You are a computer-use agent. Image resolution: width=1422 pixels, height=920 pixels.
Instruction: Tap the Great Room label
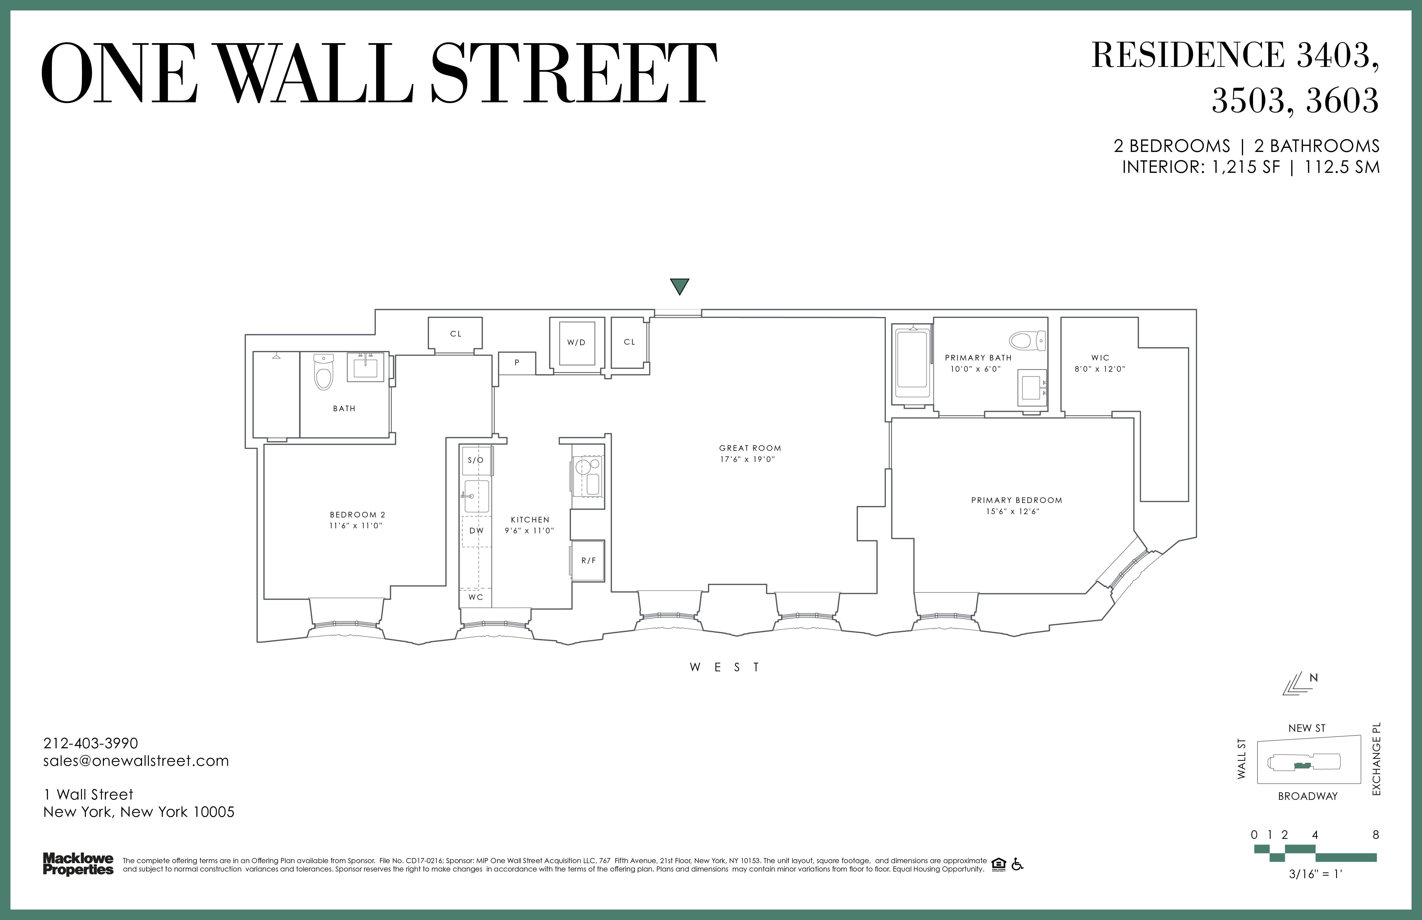click(750, 448)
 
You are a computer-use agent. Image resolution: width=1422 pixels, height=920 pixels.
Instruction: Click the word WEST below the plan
click(725, 667)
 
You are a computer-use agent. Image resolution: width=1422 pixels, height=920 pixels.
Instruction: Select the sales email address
click(136, 761)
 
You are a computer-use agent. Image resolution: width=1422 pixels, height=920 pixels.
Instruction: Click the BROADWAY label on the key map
click(1308, 796)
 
